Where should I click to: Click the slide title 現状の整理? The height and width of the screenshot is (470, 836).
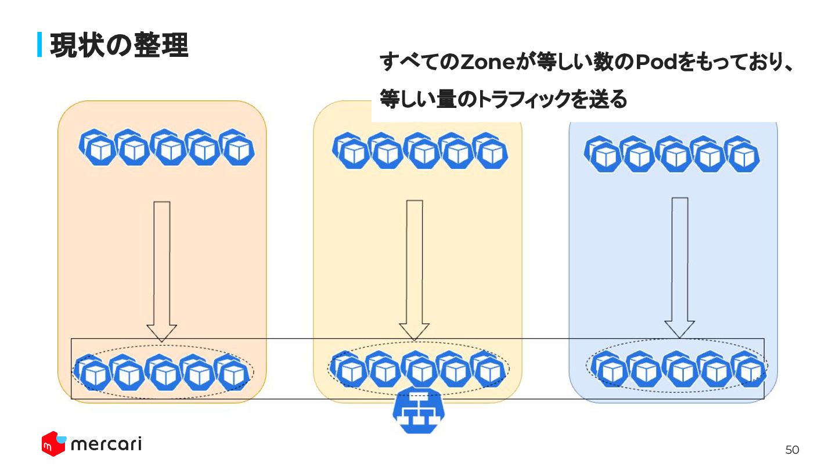[119, 45]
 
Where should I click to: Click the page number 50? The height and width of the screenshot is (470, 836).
[792, 450]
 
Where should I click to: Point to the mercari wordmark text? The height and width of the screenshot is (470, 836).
[106, 444]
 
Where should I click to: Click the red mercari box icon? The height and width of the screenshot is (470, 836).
[53, 444]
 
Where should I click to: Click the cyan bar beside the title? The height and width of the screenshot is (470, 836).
[40, 45]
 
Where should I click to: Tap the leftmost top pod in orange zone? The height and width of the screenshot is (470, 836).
[97, 148]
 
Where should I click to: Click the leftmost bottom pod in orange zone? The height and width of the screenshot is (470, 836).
[92, 373]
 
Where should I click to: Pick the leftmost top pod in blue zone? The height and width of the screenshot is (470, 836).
[603, 154]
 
